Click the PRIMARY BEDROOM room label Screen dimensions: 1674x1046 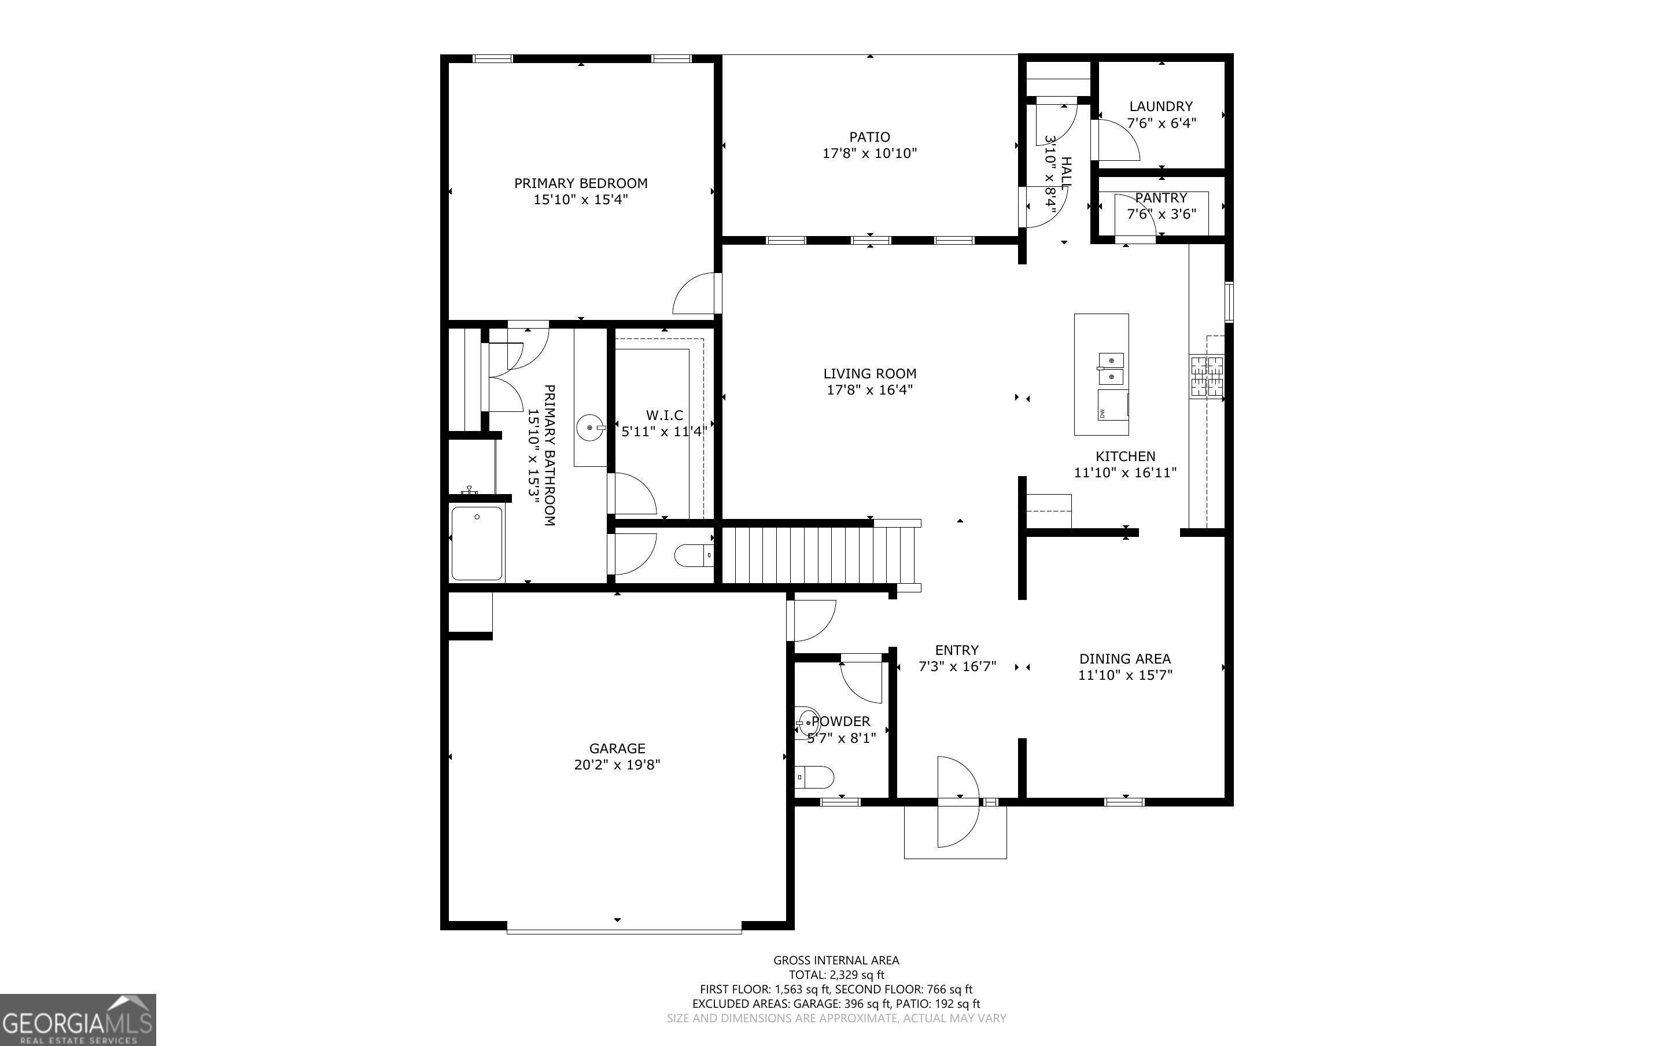pyautogui.click(x=581, y=183)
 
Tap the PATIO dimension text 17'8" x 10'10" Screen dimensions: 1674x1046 pyautogui.click(x=870, y=153)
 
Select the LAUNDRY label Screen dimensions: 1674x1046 pyautogui.click(x=1161, y=106)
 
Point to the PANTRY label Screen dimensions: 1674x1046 pyautogui.click(x=1161, y=198)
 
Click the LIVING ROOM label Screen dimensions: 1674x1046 pyautogui.click(x=870, y=374)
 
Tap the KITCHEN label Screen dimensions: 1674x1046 pyautogui.click(x=1125, y=456)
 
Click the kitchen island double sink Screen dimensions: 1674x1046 pyautogui.click(x=1111, y=368)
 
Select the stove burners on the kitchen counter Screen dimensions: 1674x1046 pyautogui.click(x=1207, y=376)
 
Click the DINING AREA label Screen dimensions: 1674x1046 pyautogui.click(x=1125, y=660)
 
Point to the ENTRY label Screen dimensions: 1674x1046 pyautogui.click(x=957, y=650)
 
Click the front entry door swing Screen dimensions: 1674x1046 pyautogui.click(x=958, y=802)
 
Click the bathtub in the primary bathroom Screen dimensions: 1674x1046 pyautogui.click(x=477, y=544)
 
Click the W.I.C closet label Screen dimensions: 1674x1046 pyautogui.click(x=665, y=415)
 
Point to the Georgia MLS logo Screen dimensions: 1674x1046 pyautogui.click(x=78, y=1021)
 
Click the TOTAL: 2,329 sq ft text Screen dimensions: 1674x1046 pyautogui.click(x=836, y=975)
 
